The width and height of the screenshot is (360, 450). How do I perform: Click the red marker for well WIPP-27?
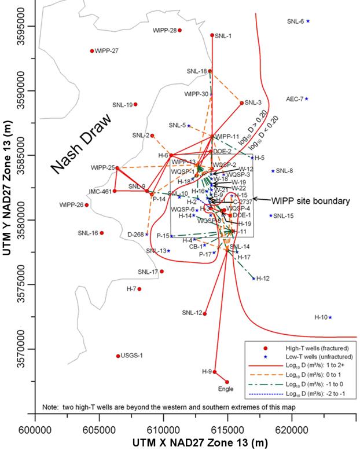click(x=92, y=51)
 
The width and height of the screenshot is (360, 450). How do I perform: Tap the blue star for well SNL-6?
click(x=308, y=21)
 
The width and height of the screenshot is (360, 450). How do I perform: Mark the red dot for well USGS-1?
click(x=118, y=356)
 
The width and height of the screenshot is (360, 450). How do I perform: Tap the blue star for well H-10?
click(x=330, y=317)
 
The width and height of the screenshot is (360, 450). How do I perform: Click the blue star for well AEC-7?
click(x=307, y=98)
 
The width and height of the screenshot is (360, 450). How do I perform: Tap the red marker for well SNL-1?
click(x=212, y=35)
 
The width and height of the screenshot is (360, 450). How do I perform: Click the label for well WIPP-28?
click(x=164, y=30)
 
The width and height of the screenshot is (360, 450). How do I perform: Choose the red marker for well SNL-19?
click(x=135, y=104)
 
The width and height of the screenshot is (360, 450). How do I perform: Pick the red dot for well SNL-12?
click(x=204, y=313)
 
